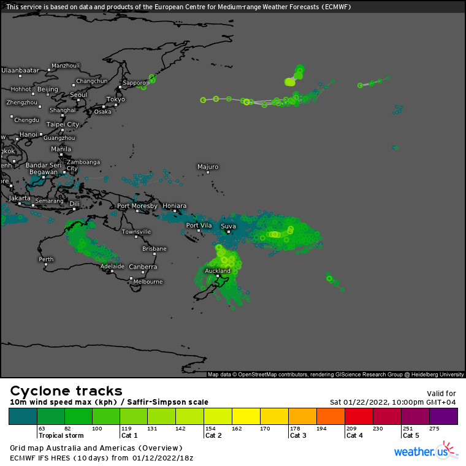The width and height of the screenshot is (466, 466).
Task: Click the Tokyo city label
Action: (x=115, y=99)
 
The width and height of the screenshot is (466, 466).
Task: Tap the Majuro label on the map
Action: (x=208, y=166)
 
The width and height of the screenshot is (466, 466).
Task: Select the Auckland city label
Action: (x=218, y=270)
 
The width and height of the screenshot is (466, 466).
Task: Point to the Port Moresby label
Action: (x=137, y=206)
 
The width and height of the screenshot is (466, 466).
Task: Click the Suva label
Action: (x=228, y=226)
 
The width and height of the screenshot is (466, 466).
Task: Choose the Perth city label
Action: (x=46, y=259)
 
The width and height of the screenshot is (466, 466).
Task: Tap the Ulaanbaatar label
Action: (x=20, y=71)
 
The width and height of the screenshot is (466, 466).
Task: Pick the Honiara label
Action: (x=175, y=206)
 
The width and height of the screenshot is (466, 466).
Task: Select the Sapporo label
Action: (x=134, y=83)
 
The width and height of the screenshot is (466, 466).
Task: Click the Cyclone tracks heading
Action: (x=66, y=391)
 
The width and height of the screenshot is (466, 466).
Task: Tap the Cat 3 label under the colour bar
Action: (x=298, y=435)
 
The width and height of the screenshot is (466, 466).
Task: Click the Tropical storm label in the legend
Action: (x=61, y=435)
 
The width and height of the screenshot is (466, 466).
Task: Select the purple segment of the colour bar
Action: (x=443, y=416)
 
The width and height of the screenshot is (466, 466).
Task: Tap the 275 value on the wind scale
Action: (x=435, y=429)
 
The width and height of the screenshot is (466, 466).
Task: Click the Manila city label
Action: (x=61, y=149)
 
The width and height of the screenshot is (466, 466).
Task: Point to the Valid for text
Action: (x=441, y=394)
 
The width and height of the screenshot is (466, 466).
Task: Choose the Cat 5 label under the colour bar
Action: (x=411, y=435)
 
